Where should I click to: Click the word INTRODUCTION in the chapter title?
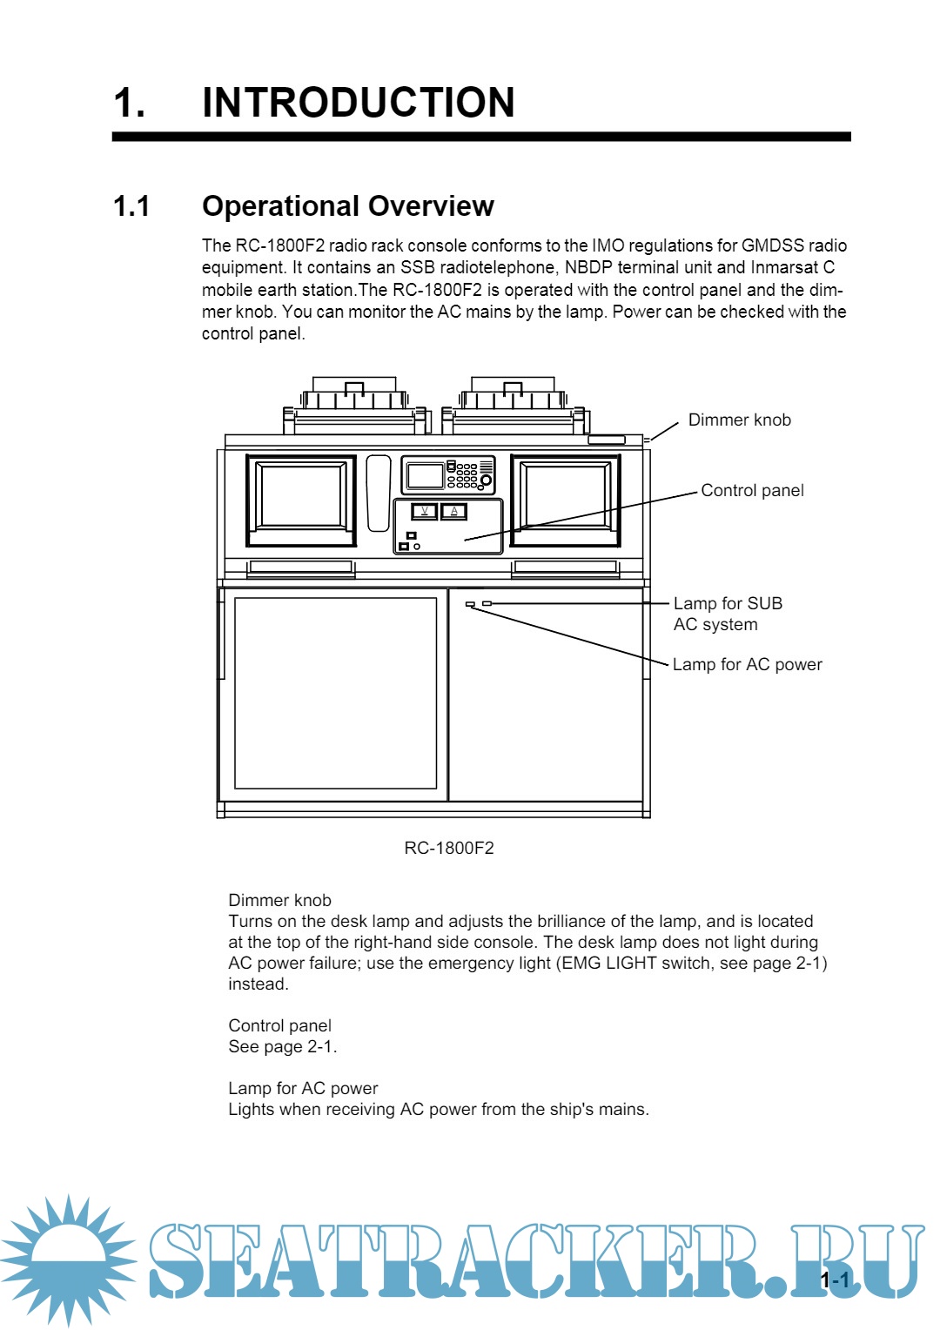358,103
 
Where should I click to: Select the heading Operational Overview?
347,206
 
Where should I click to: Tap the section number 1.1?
131,206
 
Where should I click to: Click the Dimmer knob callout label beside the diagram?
739,420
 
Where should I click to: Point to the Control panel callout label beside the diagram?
752,491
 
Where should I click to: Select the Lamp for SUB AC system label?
728,614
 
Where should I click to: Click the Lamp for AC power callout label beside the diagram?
747,665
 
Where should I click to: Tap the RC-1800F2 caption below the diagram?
449,848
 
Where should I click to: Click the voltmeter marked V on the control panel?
424,511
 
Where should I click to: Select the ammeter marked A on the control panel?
453,511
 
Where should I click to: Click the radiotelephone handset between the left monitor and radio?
379,493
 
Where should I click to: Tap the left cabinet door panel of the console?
335,693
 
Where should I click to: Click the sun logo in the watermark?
67,1259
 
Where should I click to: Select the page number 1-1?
836,1280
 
